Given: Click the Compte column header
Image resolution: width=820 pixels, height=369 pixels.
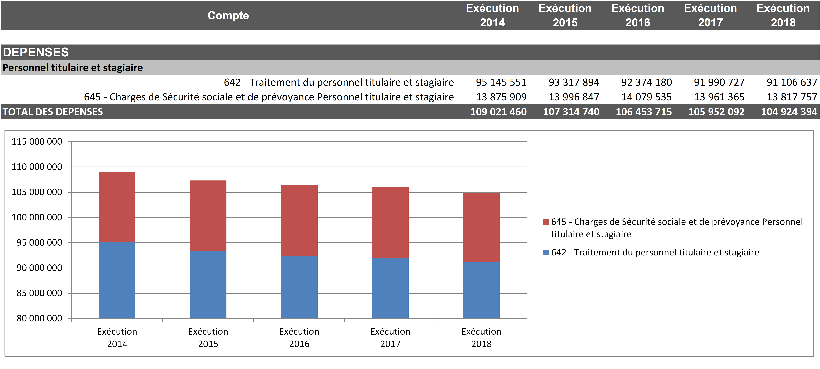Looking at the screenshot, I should click(x=228, y=15).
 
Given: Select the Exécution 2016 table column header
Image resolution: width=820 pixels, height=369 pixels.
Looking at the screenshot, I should click(x=638, y=15).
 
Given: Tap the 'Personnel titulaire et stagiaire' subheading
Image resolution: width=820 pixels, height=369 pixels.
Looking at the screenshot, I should click(x=73, y=67).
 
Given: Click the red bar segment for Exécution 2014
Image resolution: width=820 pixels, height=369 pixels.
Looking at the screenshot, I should click(x=117, y=207).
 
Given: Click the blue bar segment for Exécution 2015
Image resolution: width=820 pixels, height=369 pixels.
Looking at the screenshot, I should click(x=208, y=285).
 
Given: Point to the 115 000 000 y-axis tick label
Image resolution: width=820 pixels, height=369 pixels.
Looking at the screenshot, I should click(x=37, y=142).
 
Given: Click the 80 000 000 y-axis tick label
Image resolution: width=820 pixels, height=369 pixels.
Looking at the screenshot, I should click(x=39, y=318).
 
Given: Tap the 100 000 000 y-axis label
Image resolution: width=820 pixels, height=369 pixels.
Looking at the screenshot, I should click(x=37, y=217).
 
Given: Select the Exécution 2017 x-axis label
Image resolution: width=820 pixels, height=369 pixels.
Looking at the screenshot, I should click(x=390, y=337).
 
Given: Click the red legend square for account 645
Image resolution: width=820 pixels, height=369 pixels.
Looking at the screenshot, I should click(x=546, y=222).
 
